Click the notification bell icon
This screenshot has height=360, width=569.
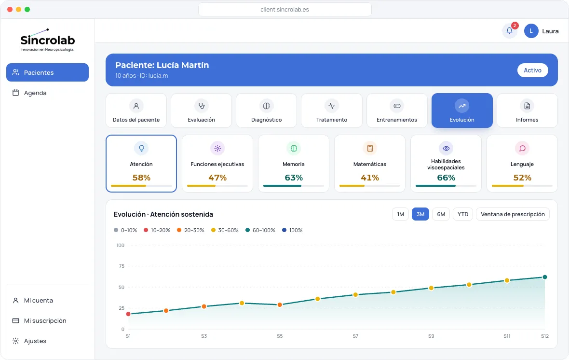[510, 31]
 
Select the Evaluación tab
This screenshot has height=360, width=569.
[202, 111]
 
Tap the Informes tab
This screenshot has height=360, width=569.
[527, 111]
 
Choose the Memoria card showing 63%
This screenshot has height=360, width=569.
[294, 164]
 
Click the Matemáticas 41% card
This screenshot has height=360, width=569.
[370, 164]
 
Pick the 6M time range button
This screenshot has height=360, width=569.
[441, 214]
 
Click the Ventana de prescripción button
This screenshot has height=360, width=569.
[513, 214]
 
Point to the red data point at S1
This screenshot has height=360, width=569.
[128, 314]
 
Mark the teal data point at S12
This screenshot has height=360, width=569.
[545, 277]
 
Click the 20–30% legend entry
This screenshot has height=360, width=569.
[190, 230]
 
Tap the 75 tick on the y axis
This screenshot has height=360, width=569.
[121, 266]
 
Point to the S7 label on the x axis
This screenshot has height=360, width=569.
[355, 336]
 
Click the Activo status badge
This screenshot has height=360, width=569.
[532, 70]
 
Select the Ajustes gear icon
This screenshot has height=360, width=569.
[15, 341]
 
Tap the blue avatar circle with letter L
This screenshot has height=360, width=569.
[531, 31]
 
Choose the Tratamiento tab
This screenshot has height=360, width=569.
[332, 111]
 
